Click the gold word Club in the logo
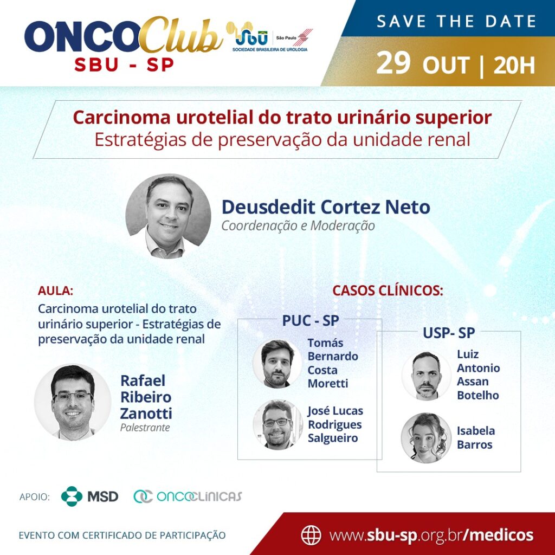pyautogui.click(x=181, y=35)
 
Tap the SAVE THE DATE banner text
pyautogui.click(x=456, y=21)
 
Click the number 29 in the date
pyautogui.click(x=393, y=63)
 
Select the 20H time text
pyautogui.click(x=514, y=66)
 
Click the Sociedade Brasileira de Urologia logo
pyautogui.click(x=270, y=37)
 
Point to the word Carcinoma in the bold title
pyautogui.click(x=122, y=118)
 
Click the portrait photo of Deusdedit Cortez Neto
pyautogui.click(x=168, y=216)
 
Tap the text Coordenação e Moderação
pyautogui.click(x=298, y=226)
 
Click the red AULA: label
pyautogui.click(x=56, y=291)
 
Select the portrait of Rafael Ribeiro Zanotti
pyautogui.click(x=73, y=402)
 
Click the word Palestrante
pyautogui.click(x=145, y=428)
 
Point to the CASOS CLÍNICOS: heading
pyautogui.click(x=388, y=291)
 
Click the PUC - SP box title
pyautogui.click(x=311, y=321)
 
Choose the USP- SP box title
pyautogui.click(x=449, y=333)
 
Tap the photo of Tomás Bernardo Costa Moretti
pyautogui.click(x=277, y=364)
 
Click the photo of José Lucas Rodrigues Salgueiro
pyautogui.click(x=278, y=424)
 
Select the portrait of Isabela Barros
pyautogui.click(x=426, y=438)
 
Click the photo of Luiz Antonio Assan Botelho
pyautogui.click(x=427, y=376)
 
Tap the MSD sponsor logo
pyautogui.click(x=89, y=496)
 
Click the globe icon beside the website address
pyautogui.click(x=311, y=535)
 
